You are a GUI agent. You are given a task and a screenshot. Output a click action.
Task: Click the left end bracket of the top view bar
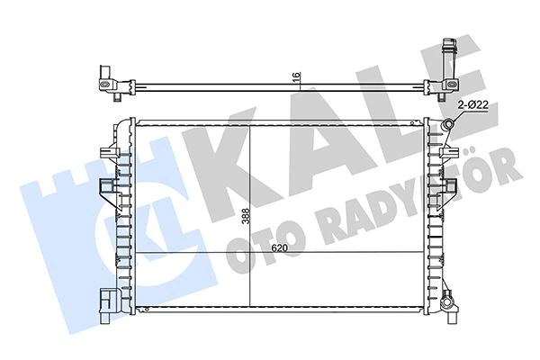pos(106,80)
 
